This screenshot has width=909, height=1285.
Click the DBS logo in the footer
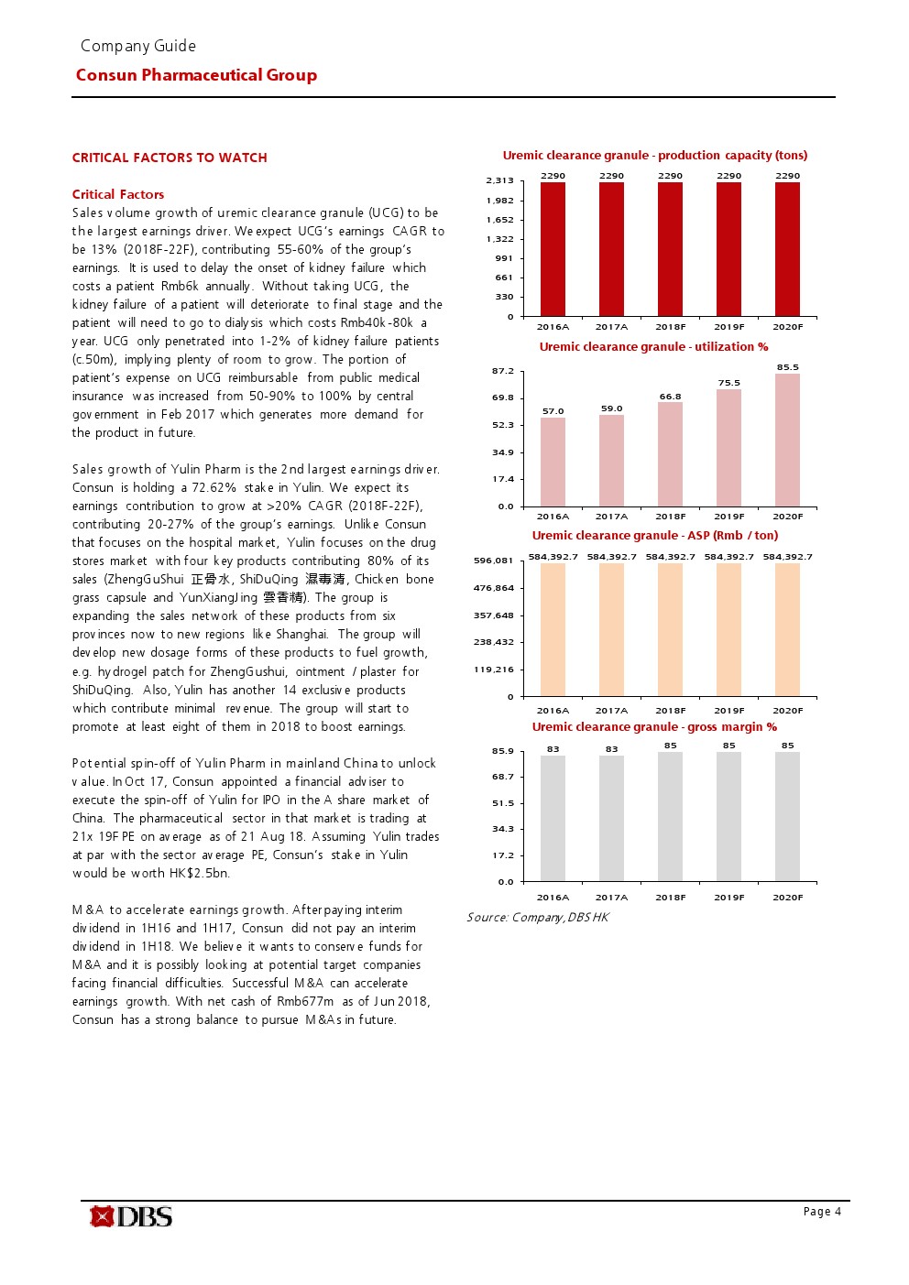point(131,1216)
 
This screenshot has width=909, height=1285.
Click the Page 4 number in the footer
point(822,1212)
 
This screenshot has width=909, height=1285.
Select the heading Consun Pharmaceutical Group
point(196,75)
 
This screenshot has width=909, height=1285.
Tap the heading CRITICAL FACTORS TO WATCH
point(170,158)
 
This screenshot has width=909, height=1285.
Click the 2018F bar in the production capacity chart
point(670,249)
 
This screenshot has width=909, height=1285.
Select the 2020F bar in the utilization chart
point(787,440)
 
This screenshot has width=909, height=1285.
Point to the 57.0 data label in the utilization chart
point(553,411)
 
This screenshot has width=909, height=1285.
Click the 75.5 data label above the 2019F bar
point(728,383)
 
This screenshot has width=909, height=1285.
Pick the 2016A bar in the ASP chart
point(553,629)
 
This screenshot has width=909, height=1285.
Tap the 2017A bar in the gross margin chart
point(611,818)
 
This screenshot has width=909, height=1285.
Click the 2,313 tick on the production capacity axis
point(499,180)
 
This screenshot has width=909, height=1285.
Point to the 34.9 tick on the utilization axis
point(503,452)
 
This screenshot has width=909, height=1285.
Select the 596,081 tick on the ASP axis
point(494,561)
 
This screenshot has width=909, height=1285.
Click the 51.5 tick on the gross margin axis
point(503,803)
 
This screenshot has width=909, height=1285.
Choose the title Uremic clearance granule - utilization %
point(653,347)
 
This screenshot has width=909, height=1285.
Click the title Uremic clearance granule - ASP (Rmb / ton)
point(654,536)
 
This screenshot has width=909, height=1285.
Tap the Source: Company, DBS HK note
point(537,918)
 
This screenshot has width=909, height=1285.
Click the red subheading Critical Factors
point(118,194)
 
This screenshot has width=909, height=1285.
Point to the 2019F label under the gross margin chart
point(728,898)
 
